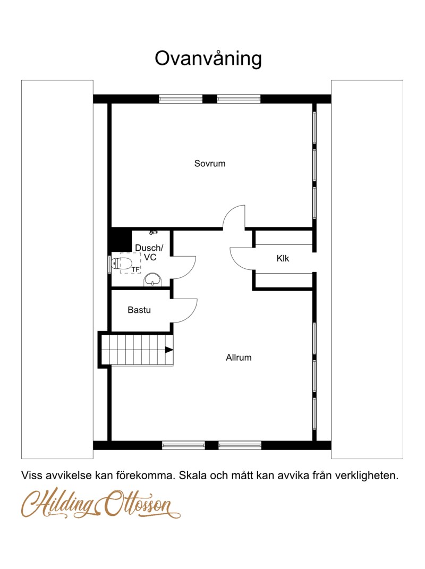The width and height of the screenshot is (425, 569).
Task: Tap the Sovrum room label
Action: tap(210, 163)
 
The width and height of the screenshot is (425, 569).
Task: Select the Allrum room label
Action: tap(239, 358)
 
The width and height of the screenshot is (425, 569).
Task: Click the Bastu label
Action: tap(139, 310)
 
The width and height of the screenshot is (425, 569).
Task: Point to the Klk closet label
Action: tap(283, 258)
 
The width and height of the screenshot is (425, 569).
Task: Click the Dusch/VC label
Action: tap(149, 252)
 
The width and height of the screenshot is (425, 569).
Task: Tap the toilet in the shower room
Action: tap(121, 263)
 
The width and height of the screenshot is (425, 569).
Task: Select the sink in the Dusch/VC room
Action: tap(153, 280)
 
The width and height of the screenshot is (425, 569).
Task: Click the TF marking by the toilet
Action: tap(135, 269)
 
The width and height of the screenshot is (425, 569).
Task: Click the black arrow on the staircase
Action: tap(169, 350)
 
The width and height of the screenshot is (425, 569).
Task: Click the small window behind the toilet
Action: tap(109, 264)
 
